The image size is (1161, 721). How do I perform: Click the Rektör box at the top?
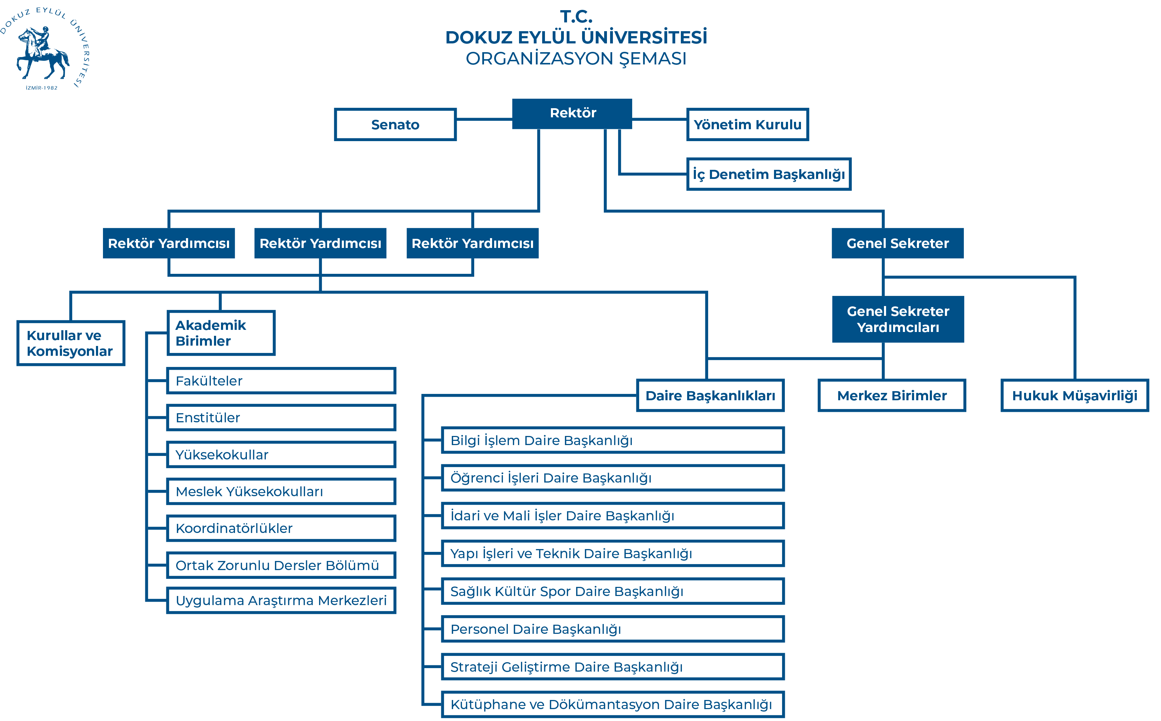573,113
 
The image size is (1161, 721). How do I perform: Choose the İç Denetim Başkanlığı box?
769,174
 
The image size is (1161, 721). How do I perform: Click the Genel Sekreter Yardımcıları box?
898,319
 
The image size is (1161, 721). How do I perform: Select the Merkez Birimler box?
892,396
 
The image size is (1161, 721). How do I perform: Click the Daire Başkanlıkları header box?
710,396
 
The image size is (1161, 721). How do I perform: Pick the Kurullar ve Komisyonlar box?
70,343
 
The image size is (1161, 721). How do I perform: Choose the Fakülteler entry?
281,381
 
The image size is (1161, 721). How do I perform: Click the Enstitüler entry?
281,418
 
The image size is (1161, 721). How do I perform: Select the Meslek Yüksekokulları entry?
281,492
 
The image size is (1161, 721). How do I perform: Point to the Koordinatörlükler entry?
281,528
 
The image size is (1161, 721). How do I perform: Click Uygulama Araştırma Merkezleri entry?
281,600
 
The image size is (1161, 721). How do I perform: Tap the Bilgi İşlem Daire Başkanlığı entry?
613,441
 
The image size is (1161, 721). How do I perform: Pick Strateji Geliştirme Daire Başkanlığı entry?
613,667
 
